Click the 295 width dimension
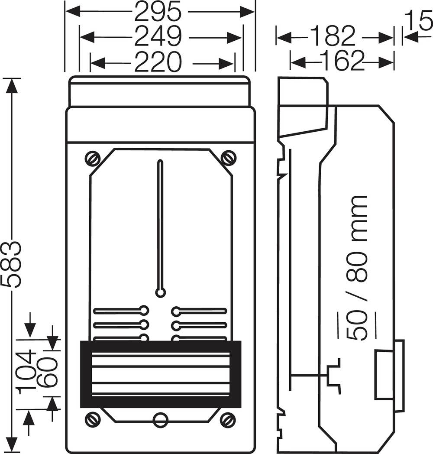[157, 12]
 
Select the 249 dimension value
[157, 37]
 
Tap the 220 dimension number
[157, 63]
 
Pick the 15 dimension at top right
[419, 19]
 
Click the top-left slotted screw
[92, 158]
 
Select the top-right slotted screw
[228, 158]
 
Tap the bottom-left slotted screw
[92, 419]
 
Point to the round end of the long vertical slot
[161, 293]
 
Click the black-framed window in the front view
[161, 374]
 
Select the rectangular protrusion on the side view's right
[389, 375]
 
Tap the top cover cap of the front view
[159, 92]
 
